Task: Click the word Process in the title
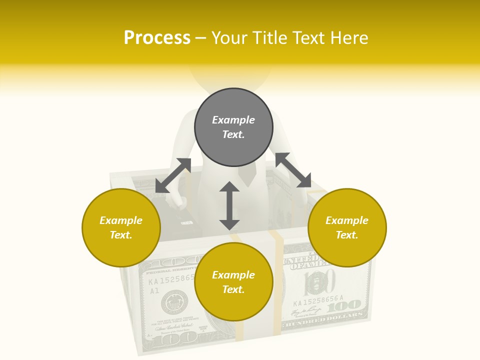(x=157, y=38)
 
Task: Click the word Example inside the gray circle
(x=233, y=120)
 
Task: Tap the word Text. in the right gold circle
(x=347, y=235)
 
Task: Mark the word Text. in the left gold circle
(x=121, y=235)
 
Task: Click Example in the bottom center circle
(x=233, y=274)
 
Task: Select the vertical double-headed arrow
(x=229, y=205)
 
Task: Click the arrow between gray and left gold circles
(x=173, y=175)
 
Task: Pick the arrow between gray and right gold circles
(x=293, y=170)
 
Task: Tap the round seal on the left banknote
(x=174, y=302)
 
